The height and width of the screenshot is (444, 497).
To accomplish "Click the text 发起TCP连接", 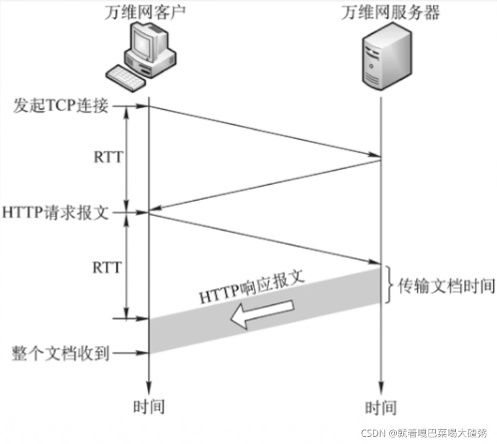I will [x=60, y=106].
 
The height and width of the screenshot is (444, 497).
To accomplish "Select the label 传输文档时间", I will [x=447, y=286].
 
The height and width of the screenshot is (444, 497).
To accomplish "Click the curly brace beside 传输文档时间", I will [x=391, y=286].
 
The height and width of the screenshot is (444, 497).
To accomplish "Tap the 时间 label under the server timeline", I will [x=381, y=406].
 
